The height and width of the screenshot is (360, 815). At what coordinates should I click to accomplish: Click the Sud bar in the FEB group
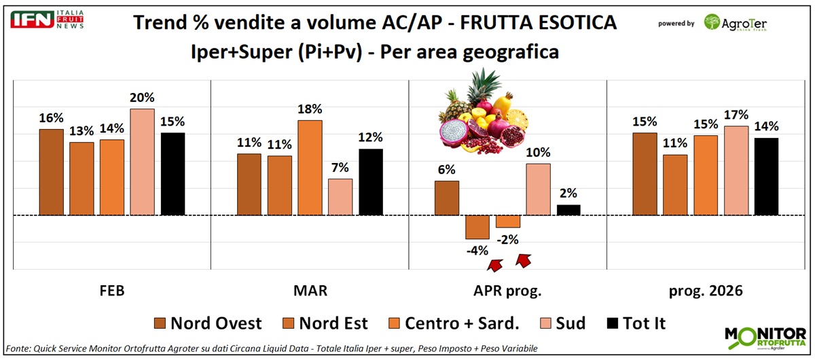point(143,162)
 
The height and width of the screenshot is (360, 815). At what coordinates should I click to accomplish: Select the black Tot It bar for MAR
point(371,182)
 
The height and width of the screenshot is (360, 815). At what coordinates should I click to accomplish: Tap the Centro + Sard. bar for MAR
point(310,168)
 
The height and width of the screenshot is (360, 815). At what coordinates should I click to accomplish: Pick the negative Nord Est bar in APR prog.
point(477,227)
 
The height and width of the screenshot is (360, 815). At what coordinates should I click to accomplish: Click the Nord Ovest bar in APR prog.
point(447,198)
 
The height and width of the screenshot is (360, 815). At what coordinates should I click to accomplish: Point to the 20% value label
point(143,95)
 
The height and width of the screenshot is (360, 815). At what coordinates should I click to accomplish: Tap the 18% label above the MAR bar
point(310,109)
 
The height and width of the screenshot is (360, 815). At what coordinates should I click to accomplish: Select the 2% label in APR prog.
point(568,193)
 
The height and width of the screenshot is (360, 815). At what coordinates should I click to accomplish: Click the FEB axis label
point(111,291)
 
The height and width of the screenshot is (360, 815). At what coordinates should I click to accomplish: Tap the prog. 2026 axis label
point(706,291)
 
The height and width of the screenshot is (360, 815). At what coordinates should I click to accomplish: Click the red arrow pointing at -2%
point(524,259)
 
